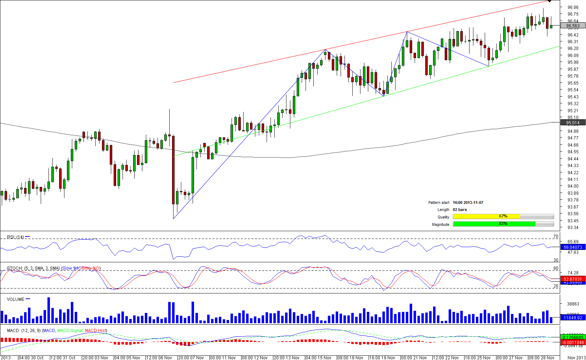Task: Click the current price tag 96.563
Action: pyautogui.click(x=573, y=26)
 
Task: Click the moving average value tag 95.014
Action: pyautogui.click(x=573, y=123)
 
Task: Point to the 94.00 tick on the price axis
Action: pyautogui.click(x=573, y=186)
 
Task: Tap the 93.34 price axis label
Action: pyautogui.click(x=573, y=228)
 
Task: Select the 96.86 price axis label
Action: pyautogui.click(x=573, y=7)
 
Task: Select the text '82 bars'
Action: pyautogui.click(x=460, y=210)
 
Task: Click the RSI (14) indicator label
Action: pyautogui.click(x=16, y=237)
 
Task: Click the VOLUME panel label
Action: pyautogui.click(x=16, y=299)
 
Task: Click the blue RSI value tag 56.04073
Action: pyautogui.click(x=573, y=247)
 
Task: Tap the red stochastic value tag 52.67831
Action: pyautogui.click(x=573, y=279)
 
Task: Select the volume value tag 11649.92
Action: pyautogui.click(x=573, y=318)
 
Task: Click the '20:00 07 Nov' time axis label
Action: pyautogui.click(x=191, y=358)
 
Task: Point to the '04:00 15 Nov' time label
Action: pyautogui.click(x=318, y=358)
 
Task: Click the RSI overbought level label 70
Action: pyautogui.click(x=556, y=236)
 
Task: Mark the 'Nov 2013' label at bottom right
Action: pyautogui.click(x=576, y=358)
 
